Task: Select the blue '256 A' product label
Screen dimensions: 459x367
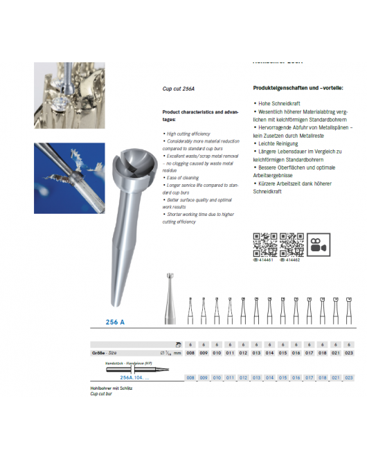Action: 114,323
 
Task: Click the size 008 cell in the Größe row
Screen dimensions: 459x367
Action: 190,352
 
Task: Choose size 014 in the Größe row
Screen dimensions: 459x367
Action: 269,352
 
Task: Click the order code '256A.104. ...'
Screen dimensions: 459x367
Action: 136,378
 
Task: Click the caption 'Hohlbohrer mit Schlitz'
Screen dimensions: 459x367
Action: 111,388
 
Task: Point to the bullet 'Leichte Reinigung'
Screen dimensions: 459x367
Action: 279,144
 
